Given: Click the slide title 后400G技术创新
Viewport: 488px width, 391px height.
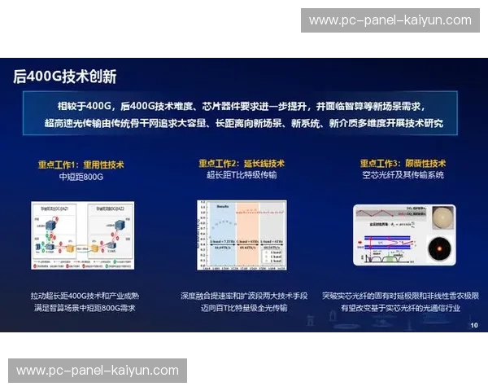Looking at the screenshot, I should click(x=65, y=77).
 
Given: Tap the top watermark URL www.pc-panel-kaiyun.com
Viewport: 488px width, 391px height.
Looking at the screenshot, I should click(x=390, y=20).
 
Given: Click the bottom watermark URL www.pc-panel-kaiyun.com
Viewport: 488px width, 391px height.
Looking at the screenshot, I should click(x=98, y=371).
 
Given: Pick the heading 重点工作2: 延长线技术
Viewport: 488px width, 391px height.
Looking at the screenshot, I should click(x=242, y=163).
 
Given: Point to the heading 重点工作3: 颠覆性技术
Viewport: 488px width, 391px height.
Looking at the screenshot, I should click(x=403, y=163).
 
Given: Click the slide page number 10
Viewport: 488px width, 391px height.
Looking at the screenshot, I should click(x=474, y=325).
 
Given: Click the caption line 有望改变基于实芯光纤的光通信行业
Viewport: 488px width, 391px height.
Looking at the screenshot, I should click(x=403, y=308).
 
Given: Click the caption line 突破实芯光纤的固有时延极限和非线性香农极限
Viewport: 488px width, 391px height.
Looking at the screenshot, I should click(x=403, y=295).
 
